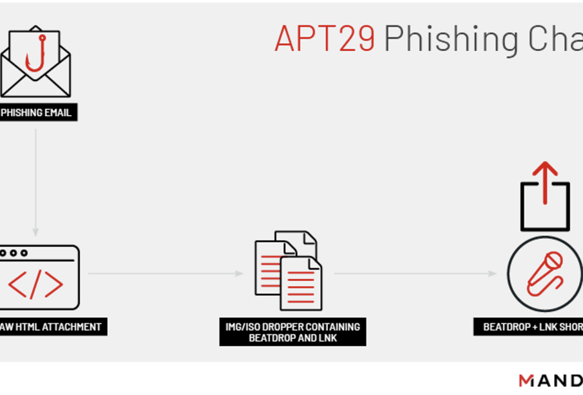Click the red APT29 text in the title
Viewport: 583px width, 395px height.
(325, 38)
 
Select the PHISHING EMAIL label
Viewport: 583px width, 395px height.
(37, 113)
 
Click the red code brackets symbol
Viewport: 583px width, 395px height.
(35, 284)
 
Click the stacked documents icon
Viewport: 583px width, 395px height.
(289, 271)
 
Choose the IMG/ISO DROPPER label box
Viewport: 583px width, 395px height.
(292, 332)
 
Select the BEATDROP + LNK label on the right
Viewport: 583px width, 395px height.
(532, 327)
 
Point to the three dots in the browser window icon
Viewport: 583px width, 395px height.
(14, 253)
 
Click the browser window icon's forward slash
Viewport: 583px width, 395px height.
(35, 284)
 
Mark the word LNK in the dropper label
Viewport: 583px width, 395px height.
(327, 338)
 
